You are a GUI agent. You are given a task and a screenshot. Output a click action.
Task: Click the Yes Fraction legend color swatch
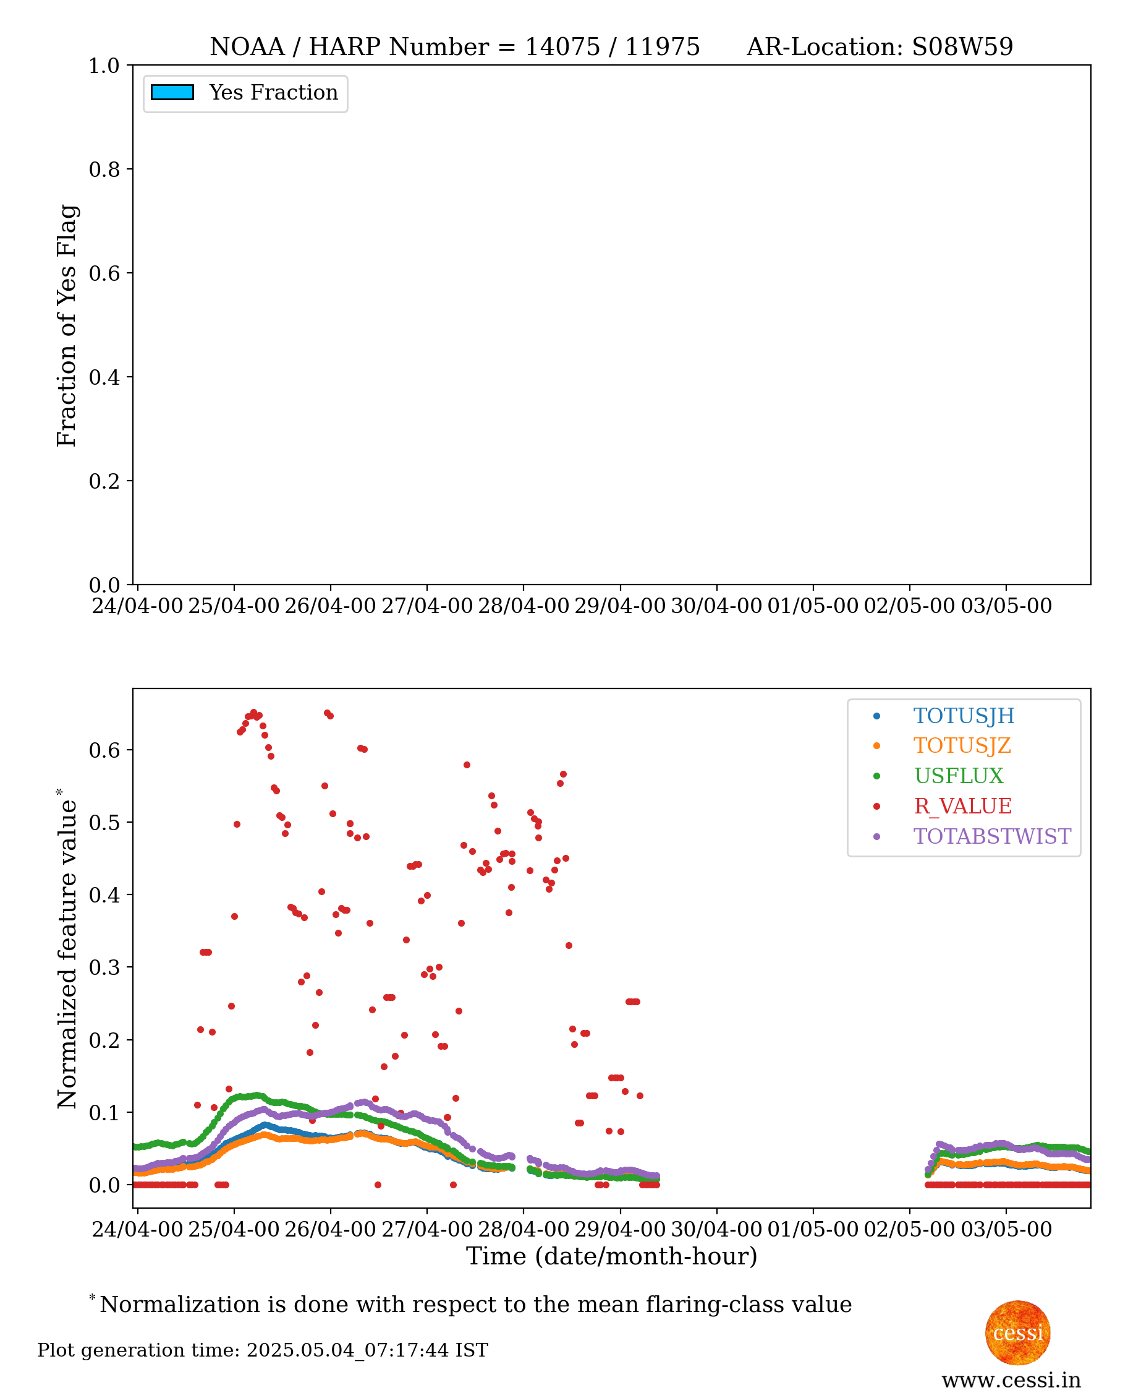(172, 92)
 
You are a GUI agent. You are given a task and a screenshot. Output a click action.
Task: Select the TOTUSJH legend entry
(963, 715)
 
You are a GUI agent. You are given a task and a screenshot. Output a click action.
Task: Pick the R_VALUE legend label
(962, 805)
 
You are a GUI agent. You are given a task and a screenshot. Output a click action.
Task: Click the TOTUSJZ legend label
(962, 745)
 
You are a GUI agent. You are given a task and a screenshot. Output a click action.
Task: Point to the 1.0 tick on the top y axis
(104, 66)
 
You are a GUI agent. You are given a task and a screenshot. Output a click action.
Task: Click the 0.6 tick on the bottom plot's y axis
(104, 750)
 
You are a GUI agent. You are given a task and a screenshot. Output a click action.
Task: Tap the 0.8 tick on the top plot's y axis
(104, 169)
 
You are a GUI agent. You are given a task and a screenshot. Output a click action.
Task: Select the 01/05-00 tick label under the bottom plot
(812, 1229)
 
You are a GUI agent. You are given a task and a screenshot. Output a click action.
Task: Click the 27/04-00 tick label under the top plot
(426, 606)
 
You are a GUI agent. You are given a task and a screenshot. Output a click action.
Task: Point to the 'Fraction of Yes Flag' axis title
(67, 325)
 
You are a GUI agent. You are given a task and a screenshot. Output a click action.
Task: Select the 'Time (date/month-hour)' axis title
(611, 1256)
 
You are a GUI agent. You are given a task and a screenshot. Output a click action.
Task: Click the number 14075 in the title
(562, 47)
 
